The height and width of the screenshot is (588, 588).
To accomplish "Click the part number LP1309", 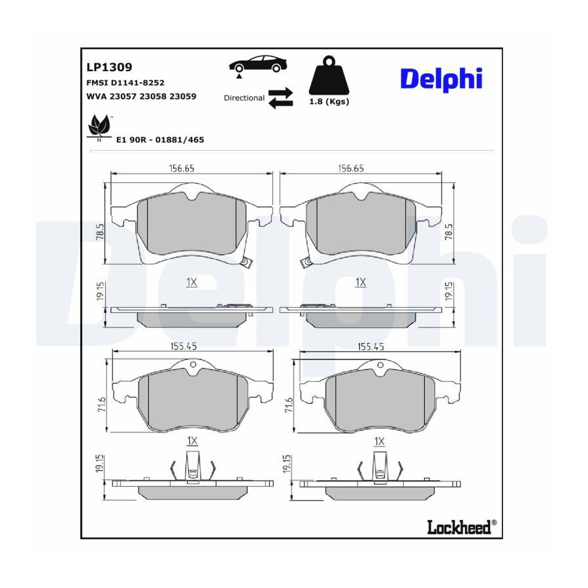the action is tap(109, 67).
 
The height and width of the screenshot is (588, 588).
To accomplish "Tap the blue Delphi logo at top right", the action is tap(441, 79).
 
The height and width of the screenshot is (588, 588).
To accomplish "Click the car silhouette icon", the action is tap(258, 65).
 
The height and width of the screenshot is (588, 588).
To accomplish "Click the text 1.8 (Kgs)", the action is tap(329, 102).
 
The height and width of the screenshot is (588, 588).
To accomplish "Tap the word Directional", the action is tap(244, 98).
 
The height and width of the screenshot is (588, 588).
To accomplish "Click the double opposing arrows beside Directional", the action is tap(280, 98).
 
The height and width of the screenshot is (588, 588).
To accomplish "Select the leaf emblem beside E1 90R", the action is tap(99, 126).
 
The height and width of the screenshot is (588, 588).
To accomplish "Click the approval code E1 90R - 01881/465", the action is tap(160, 140).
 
